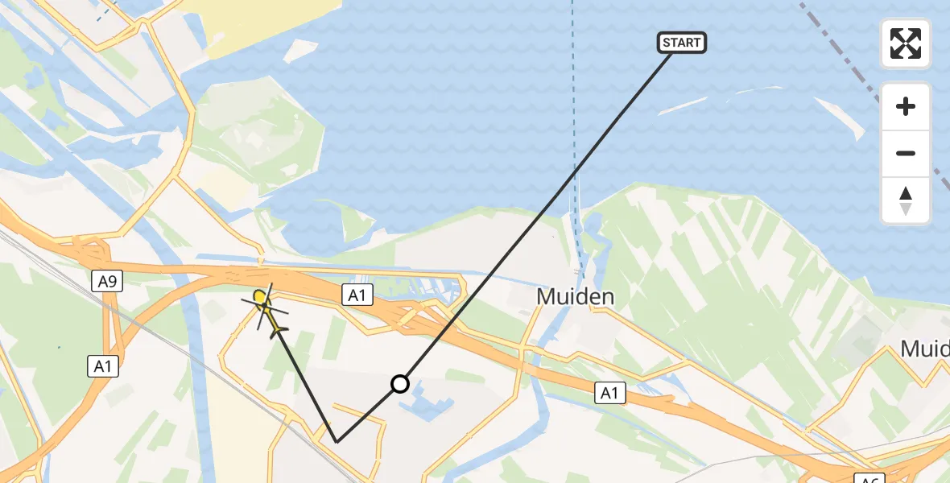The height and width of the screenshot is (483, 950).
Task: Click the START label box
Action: [x=682, y=43]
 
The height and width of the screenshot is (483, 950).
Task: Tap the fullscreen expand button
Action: [x=906, y=43]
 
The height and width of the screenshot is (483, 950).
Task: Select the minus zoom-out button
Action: [x=906, y=153]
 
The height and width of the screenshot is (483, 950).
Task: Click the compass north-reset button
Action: [x=906, y=200]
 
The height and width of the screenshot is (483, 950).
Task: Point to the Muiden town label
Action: [x=576, y=297]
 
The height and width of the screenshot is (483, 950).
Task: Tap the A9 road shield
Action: [x=108, y=281]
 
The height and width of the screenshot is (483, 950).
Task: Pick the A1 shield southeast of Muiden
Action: [x=610, y=393]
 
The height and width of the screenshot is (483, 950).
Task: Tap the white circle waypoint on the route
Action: [x=400, y=384]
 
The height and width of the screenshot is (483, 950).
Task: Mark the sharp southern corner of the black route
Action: [x=337, y=442]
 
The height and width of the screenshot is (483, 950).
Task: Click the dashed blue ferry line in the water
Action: [x=574, y=121]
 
